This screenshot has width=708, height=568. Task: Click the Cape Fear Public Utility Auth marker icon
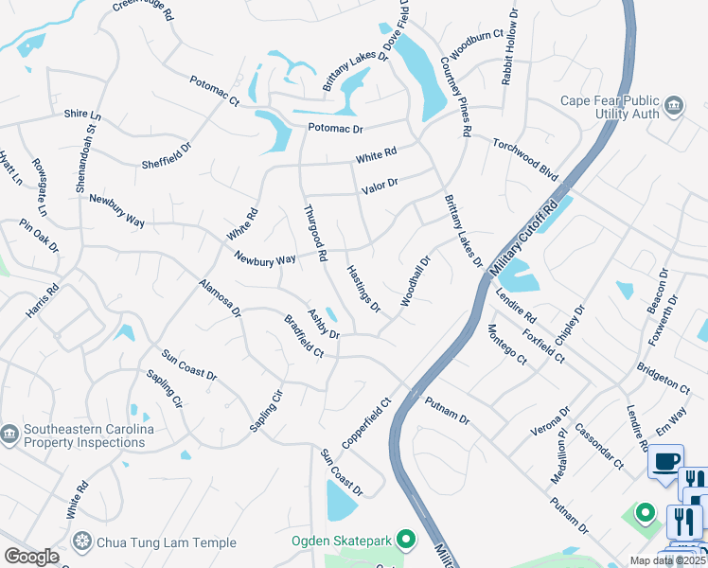pos(675,105)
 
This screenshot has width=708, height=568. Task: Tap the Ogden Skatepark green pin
pos(407,541)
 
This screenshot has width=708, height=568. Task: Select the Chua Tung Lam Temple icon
pos(83,542)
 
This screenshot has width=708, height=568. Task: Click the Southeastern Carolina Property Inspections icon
pos(9,435)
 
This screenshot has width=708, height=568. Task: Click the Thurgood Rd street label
pos(315,233)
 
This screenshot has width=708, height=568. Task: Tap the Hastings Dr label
pos(363,289)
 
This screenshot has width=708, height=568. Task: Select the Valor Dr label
pos(380,186)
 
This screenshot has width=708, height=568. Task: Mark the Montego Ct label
pos(506,343)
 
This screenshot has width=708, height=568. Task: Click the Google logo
pos(31,557)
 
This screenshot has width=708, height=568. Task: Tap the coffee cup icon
pos(666,461)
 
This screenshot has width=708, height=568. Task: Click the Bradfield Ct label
pos(304,336)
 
